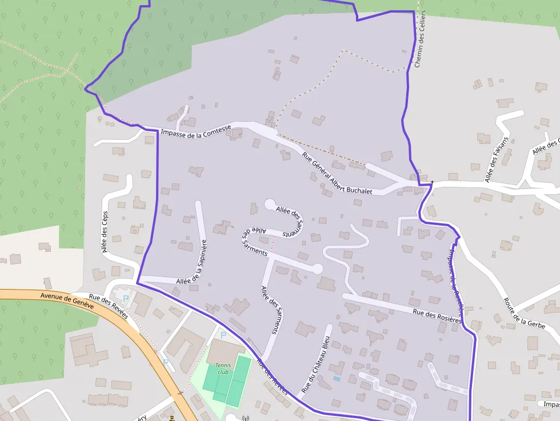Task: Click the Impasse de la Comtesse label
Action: tap(196, 131)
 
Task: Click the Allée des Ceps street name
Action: tap(104, 231)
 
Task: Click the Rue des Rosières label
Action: tap(437, 315)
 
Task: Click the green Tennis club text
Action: tap(222, 368)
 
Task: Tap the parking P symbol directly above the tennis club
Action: tap(223, 335)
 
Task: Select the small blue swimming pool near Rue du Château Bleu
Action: tap(336, 379)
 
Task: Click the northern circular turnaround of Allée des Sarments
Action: tap(270, 203)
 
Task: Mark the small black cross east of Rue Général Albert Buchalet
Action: tap(433, 183)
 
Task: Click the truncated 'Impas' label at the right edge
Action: tap(551, 404)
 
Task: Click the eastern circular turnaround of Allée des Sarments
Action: tap(318, 268)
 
